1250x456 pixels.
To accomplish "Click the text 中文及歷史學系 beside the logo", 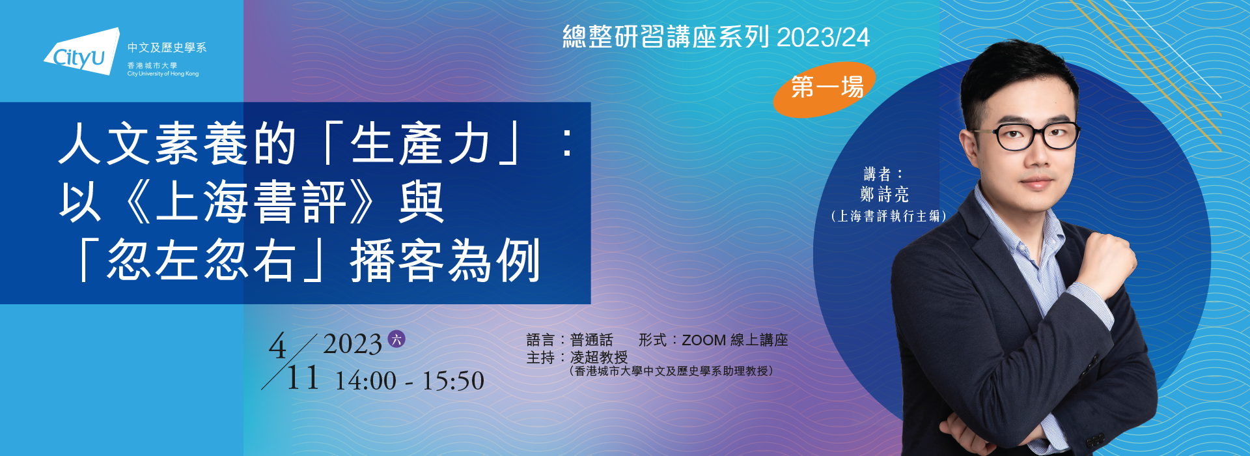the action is (167, 48).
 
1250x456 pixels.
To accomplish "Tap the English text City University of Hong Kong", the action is (163, 74).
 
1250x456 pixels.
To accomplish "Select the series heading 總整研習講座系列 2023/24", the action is (716, 37).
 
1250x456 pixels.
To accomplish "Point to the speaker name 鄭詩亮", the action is (884, 194).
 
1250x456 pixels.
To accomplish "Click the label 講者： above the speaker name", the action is (883, 174).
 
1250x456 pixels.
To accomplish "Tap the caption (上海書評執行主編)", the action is (888, 216).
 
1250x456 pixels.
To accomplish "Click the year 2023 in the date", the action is (352, 344).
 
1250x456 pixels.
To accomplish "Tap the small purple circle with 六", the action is (396, 339).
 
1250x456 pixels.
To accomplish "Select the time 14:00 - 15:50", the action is (410, 381).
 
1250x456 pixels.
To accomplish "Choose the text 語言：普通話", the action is (570, 340).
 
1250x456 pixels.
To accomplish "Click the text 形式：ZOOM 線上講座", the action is (714, 340).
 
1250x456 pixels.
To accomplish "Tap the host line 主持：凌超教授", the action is (577, 358).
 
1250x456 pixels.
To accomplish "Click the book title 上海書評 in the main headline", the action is (251, 202).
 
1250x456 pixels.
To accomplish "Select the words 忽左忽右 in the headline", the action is (202, 261).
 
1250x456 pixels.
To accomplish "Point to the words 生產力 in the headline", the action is (421, 144).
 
